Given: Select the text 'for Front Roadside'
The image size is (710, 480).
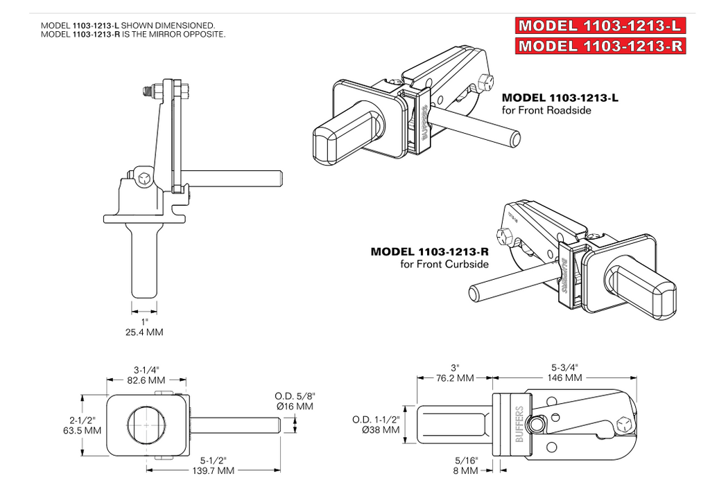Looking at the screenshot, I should click(x=546, y=110).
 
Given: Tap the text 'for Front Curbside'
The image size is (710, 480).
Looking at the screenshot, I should click(x=444, y=264).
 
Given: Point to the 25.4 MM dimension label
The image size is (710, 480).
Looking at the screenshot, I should click(x=144, y=332).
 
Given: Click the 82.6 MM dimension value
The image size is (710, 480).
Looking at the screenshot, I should click(x=146, y=380).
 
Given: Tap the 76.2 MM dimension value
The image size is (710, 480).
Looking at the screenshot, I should click(x=455, y=378).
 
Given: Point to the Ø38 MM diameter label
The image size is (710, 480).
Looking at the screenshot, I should click(x=381, y=430).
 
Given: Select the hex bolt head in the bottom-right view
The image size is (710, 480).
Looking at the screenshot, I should click(x=624, y=425).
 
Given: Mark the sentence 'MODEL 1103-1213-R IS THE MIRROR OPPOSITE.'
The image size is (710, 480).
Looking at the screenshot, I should click(x=133, y=34).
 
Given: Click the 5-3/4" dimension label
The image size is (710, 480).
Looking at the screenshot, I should click(x=566, y=367).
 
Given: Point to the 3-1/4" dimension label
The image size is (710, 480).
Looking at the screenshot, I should click(x=146, y=369).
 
